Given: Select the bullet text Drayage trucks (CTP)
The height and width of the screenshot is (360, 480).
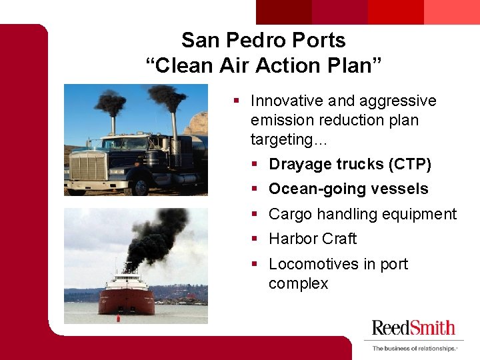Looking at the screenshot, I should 349,164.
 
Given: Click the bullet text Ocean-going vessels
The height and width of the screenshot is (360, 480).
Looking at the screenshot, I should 348,189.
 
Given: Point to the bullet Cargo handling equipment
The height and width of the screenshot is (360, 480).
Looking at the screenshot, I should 362,214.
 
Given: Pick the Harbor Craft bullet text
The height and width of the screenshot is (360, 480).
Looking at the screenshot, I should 312,239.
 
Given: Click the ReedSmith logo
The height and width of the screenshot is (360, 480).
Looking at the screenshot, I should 413,327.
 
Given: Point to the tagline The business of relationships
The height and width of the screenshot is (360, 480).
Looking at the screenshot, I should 414,348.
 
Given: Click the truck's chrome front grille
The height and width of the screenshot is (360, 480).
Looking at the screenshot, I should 89,165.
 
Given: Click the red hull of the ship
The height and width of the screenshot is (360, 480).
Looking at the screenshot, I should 126,301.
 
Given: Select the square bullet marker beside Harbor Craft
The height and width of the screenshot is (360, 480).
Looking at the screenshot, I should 257,239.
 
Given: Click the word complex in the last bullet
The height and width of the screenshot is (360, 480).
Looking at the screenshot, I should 298,284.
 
